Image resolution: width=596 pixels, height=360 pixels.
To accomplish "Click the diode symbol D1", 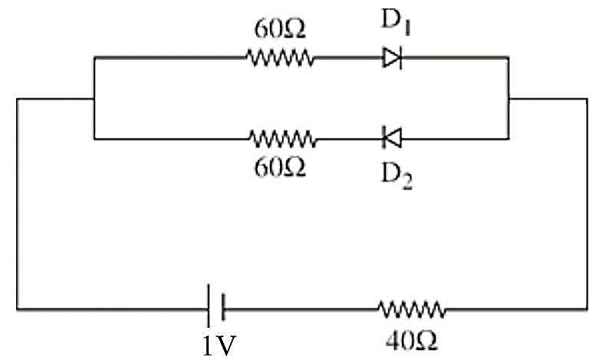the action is [392, 58].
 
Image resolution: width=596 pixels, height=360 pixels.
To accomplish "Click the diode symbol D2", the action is [392, 138].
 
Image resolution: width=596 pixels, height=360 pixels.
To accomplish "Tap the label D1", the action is [396, 22].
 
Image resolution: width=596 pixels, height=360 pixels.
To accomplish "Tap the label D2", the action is [397, 177].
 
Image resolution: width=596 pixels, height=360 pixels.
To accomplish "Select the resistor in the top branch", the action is [280, 58].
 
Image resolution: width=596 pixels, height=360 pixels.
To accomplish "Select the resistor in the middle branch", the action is [282, 139].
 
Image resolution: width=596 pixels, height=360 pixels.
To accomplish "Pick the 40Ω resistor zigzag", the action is [412, 309].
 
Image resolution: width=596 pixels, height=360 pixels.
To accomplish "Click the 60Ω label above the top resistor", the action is [280, 29].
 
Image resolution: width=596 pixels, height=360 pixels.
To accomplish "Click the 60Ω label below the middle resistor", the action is [280, 167].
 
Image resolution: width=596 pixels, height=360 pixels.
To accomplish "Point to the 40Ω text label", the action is [411, 341].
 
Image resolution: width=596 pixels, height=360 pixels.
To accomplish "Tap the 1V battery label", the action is [219, 345].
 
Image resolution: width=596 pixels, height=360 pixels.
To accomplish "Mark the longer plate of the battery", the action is [209, 306].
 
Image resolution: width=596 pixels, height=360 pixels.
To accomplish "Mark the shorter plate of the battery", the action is [223, 307].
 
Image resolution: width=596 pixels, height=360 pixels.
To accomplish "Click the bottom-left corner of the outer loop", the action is [17, 309].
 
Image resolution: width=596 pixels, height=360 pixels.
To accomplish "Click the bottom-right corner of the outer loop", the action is [587, 309].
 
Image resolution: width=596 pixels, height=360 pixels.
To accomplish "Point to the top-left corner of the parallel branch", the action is [94, 58].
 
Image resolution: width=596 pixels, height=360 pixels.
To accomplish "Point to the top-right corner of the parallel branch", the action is [509, 58].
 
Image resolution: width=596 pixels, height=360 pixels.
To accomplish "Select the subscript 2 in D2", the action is [407, 183].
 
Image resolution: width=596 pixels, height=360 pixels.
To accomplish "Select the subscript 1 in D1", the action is [407, 28].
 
